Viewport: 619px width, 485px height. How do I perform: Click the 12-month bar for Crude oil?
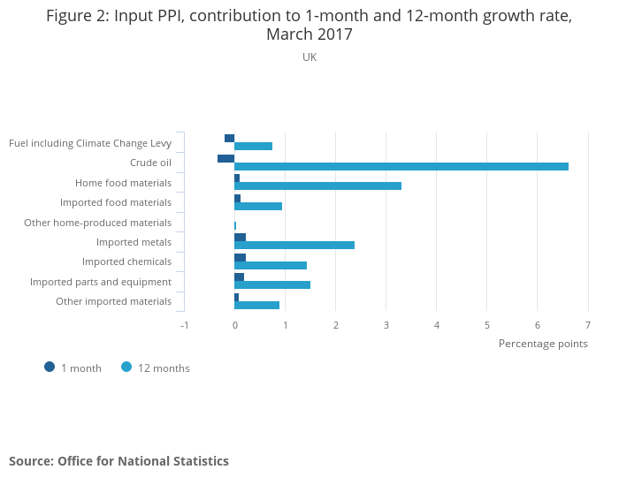coord(401,166)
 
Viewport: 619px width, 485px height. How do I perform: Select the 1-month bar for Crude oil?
coord(225,158)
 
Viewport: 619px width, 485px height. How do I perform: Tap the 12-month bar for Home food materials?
coord(317,186)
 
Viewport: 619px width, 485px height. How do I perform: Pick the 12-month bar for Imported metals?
coord(294,245)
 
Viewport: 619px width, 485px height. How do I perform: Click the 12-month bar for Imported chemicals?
coord(271,265)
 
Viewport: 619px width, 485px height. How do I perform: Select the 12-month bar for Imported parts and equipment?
coord(272,284)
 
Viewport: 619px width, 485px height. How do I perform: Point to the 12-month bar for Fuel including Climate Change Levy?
coord(253,146)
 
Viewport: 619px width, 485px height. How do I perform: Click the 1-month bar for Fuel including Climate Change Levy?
coord(229,138)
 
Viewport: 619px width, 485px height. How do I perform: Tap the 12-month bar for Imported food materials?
coord(258,206)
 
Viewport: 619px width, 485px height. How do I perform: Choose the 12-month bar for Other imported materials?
coord(256,305)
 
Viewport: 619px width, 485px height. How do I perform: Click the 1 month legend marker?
coord(50,367)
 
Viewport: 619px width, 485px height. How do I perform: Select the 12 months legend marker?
coord(126,367)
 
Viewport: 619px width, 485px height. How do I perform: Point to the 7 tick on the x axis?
coord(587,324)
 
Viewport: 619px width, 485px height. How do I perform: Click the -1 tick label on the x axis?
coord(184,324)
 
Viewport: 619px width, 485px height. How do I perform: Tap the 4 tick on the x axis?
coord(437,324)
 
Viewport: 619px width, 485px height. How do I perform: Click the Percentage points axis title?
coord(543,343)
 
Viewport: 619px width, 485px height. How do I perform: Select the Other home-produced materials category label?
coord(97,223)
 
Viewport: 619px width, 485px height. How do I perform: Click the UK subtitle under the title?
coord(309,57)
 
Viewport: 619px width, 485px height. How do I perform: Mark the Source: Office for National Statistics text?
coord(118,461)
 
